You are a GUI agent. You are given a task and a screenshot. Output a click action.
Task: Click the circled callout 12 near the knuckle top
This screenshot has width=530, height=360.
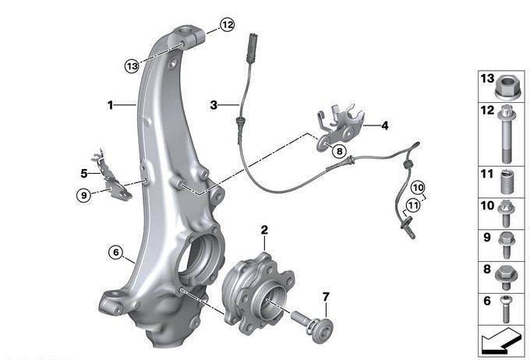228,25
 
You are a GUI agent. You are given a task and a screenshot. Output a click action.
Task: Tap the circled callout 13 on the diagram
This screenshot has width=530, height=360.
132,65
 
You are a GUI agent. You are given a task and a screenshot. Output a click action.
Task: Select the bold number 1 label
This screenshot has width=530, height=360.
110,105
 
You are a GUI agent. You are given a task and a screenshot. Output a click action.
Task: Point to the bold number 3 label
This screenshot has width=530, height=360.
214,105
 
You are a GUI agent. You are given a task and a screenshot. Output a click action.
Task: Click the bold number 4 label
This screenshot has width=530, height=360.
385,125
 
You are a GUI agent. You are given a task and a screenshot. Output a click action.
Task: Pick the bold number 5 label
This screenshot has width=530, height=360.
84,174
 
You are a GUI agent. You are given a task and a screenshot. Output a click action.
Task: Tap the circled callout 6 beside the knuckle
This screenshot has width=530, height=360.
116,252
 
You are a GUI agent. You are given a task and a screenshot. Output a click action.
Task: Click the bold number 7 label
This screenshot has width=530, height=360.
326,297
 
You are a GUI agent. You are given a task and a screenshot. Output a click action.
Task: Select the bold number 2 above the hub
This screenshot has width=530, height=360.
264,230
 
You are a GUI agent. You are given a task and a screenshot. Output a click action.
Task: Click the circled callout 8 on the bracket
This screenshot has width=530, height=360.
339,150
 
